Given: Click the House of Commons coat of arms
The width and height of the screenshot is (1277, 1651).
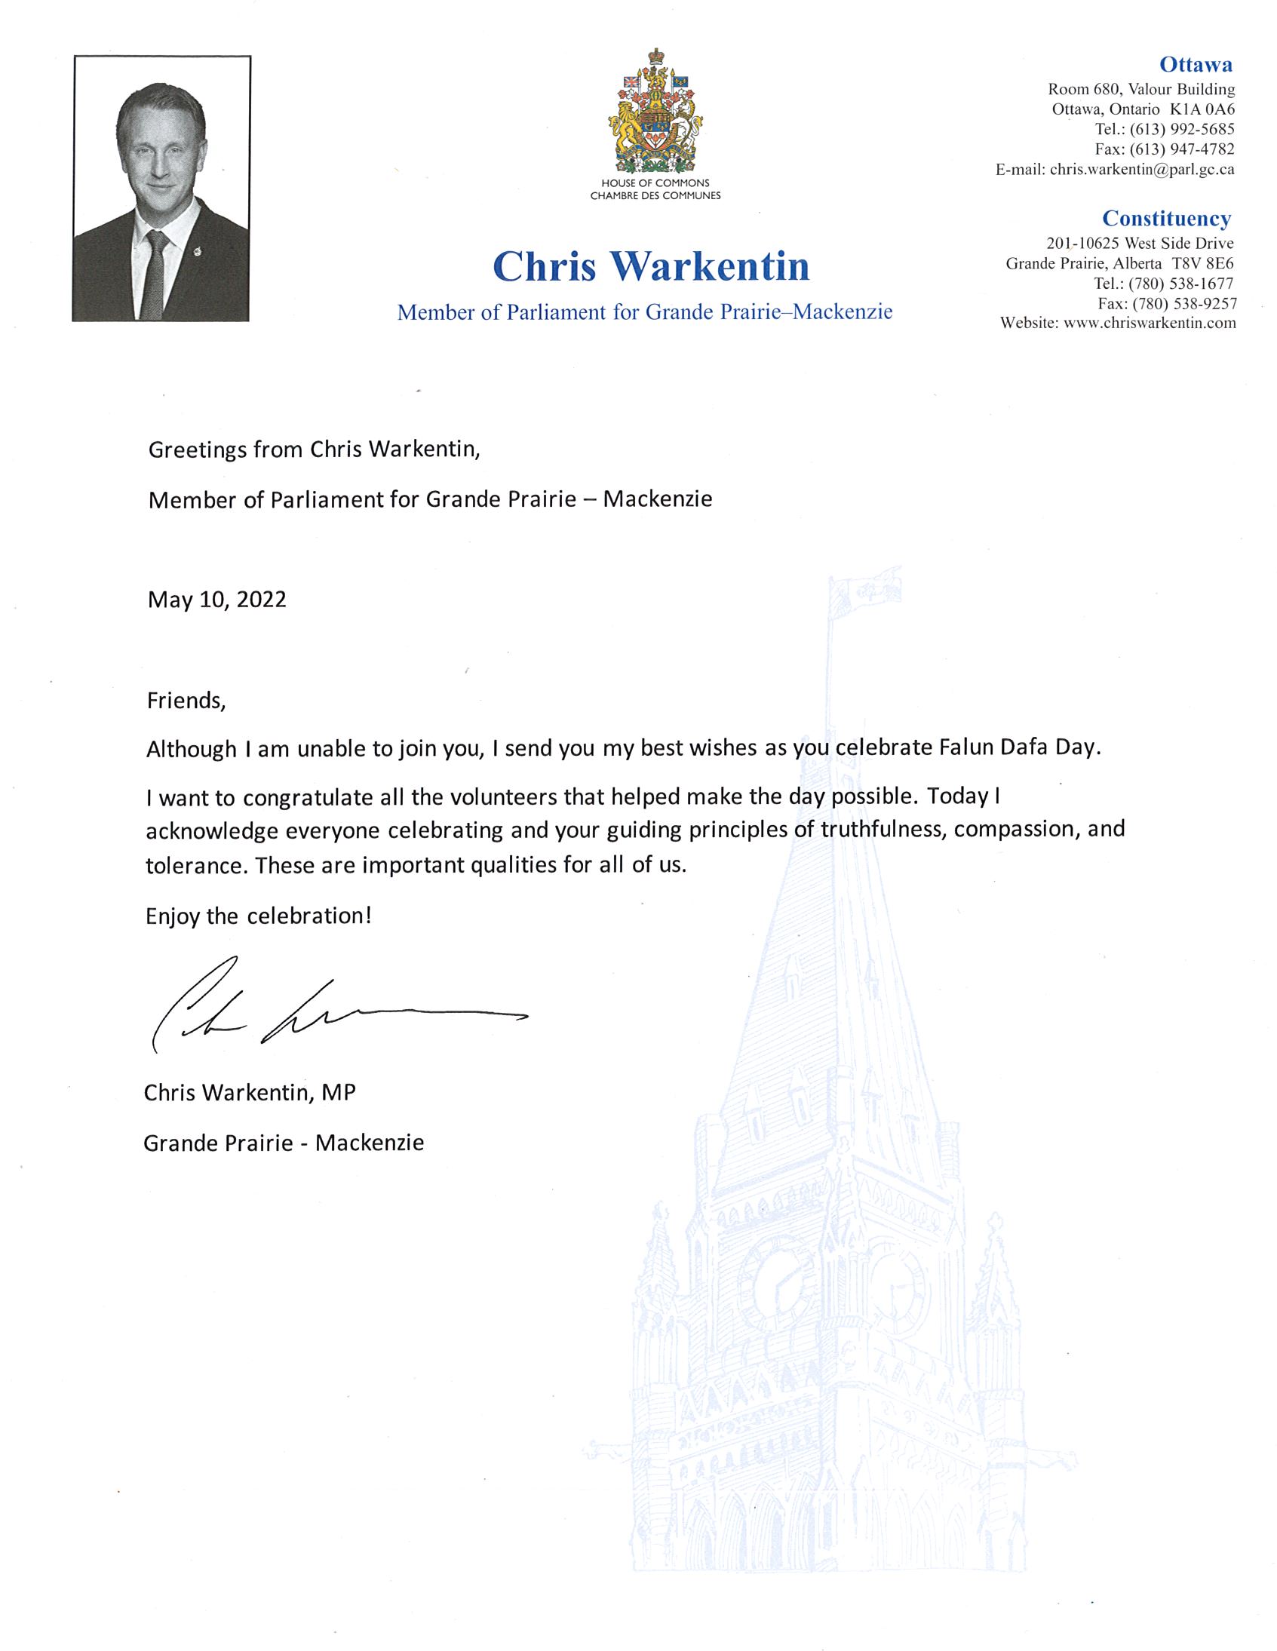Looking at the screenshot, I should point(655,112).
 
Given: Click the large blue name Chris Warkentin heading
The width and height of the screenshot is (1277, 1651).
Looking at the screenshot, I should point(651,267).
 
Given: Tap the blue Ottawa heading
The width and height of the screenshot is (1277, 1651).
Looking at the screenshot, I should point(1196,65).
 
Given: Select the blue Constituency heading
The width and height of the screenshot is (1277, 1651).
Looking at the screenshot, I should point(1166,219).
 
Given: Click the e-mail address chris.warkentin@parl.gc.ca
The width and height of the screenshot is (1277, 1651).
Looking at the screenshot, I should point(1142,170).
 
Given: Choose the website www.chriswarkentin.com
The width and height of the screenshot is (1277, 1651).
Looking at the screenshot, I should point(1150,324).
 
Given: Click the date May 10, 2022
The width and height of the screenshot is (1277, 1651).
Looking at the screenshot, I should point(217,600).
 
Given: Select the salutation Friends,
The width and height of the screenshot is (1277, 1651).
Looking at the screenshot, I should point(186,701).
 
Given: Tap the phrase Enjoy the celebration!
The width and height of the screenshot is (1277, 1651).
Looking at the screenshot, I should point(259,916).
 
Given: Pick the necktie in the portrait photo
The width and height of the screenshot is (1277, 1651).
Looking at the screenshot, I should point(155,276).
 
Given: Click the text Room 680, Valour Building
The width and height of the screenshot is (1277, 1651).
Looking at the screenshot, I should point(1141,89).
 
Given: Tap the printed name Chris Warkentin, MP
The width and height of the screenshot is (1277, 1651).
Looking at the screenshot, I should point(250,1092).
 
